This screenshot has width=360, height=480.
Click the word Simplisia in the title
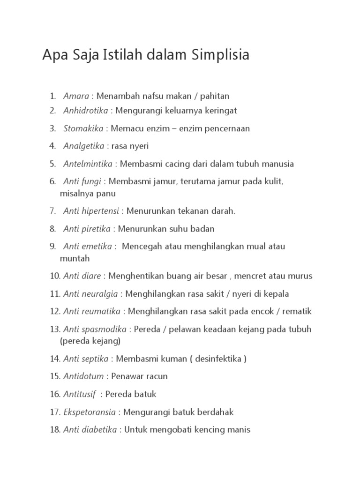(220, 55)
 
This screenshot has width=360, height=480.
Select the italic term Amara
(76, 96)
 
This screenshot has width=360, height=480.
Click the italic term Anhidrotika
(86, 111)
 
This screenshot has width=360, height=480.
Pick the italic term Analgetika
(83, 146)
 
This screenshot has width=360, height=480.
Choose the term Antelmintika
(88, 164)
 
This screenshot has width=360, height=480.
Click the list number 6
(52, 181)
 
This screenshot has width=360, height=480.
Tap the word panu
(106, 193)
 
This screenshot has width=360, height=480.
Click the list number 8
(52, 229)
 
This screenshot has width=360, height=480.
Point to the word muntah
(75, 258)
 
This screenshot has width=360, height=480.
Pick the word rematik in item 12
(297, 311)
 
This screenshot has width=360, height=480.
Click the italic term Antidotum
(84, 376)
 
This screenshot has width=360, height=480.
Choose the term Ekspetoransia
(89, 412)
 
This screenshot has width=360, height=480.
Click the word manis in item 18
(240, 429)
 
